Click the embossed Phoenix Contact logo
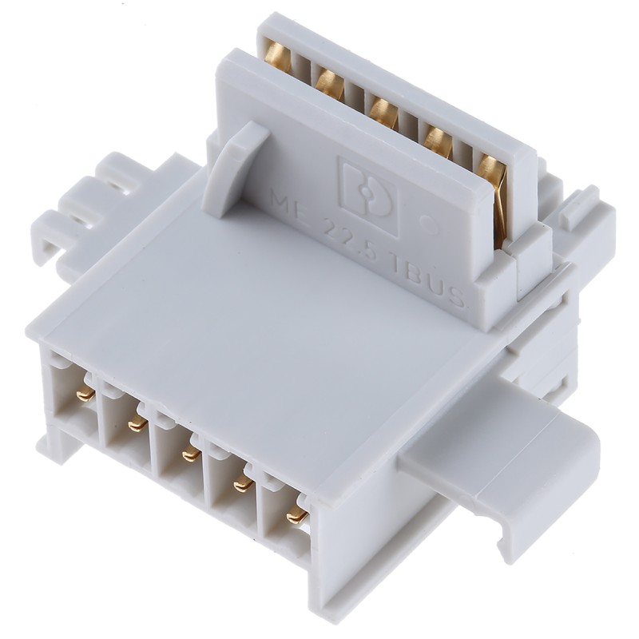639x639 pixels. tap(367, 195)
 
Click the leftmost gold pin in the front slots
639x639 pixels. tap(84, 393)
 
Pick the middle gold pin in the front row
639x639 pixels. tap(190, 454)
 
